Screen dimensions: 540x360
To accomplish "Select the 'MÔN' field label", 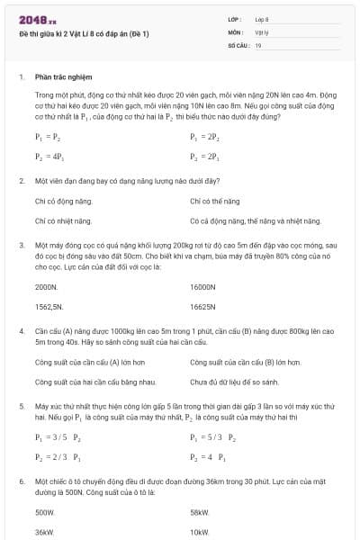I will [x=236, y=31].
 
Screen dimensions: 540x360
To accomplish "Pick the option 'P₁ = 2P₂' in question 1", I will [x=205, y=138].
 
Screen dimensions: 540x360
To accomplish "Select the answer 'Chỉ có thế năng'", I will [x=215, y=202].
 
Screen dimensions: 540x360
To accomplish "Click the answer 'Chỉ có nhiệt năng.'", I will [x=63, y=220].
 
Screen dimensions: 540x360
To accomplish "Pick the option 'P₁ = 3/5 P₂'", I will [x=58, y=437].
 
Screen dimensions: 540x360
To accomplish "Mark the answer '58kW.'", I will [x=200, y=513].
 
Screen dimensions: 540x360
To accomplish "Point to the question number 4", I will [x=21, y=332].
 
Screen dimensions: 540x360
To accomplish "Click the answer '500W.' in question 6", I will [x=45, y=513].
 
